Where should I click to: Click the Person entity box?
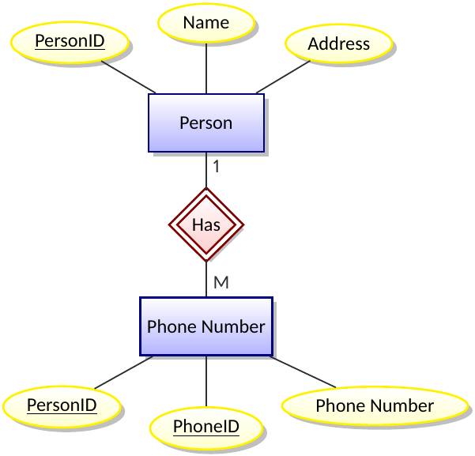click(x=205, y=122)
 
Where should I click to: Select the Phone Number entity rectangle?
click(x=205, y=326)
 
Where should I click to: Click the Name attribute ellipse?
click(x=205, y=23)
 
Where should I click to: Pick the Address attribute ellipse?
click(x=338, y=43)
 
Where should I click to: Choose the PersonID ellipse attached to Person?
click(x=70, y=40)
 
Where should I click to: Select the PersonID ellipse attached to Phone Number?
click(x=62, y=406)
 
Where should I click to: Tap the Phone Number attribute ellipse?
click(x=375, y=406)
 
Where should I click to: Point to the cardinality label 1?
click(x=216, y=167)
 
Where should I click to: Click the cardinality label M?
click(x=221, y=282)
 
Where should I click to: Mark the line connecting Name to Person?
click(x=206, y=68)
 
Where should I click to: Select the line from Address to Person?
click(x=283, y=77)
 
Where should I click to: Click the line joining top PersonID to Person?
click(x=129, y=77)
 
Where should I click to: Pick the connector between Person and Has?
click(x=206, y=170)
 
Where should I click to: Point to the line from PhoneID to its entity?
click(x=206, y=382)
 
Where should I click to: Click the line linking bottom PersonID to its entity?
click(x=123, y=372)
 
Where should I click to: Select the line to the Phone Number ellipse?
click(x=303, y=372)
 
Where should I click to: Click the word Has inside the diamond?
click(x=206, y=225)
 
